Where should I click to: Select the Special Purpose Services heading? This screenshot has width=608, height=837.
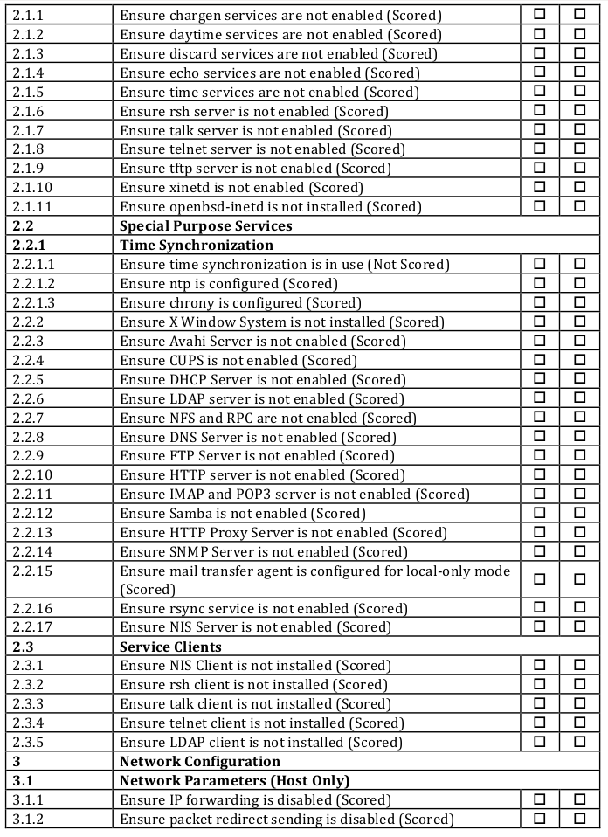tap(205, 226)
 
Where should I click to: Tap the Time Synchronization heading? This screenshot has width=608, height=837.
tap(197, 246)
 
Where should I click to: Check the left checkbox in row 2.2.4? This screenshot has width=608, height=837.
tap(540, 359)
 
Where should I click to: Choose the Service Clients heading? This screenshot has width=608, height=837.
tap(169, 647)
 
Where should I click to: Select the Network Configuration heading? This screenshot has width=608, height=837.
tap(199, 762)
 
